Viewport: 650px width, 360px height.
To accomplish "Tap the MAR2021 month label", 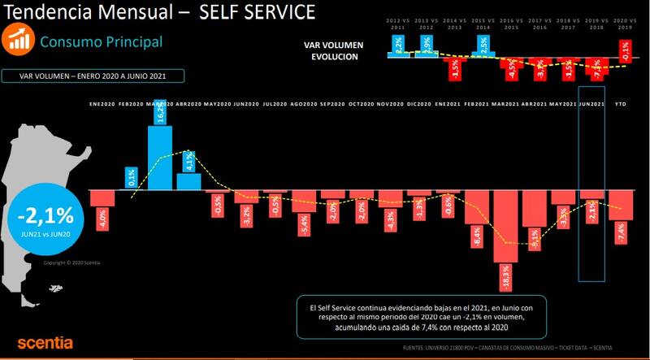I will click(505, 104).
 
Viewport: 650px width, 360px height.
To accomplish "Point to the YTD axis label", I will click(621, 104).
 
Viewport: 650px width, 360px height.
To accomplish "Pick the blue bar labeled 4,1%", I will click(188, 180).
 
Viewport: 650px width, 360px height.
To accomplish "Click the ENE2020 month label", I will click(102, 104).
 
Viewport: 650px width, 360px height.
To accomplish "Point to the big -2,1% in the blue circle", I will click(45, 216).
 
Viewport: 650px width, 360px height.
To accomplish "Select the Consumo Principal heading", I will click(102, 41).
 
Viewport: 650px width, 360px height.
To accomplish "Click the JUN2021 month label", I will click(591, 104).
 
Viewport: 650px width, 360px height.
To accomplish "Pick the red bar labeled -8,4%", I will click(476, 219).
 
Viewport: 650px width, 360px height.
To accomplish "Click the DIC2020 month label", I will click(418, 104).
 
